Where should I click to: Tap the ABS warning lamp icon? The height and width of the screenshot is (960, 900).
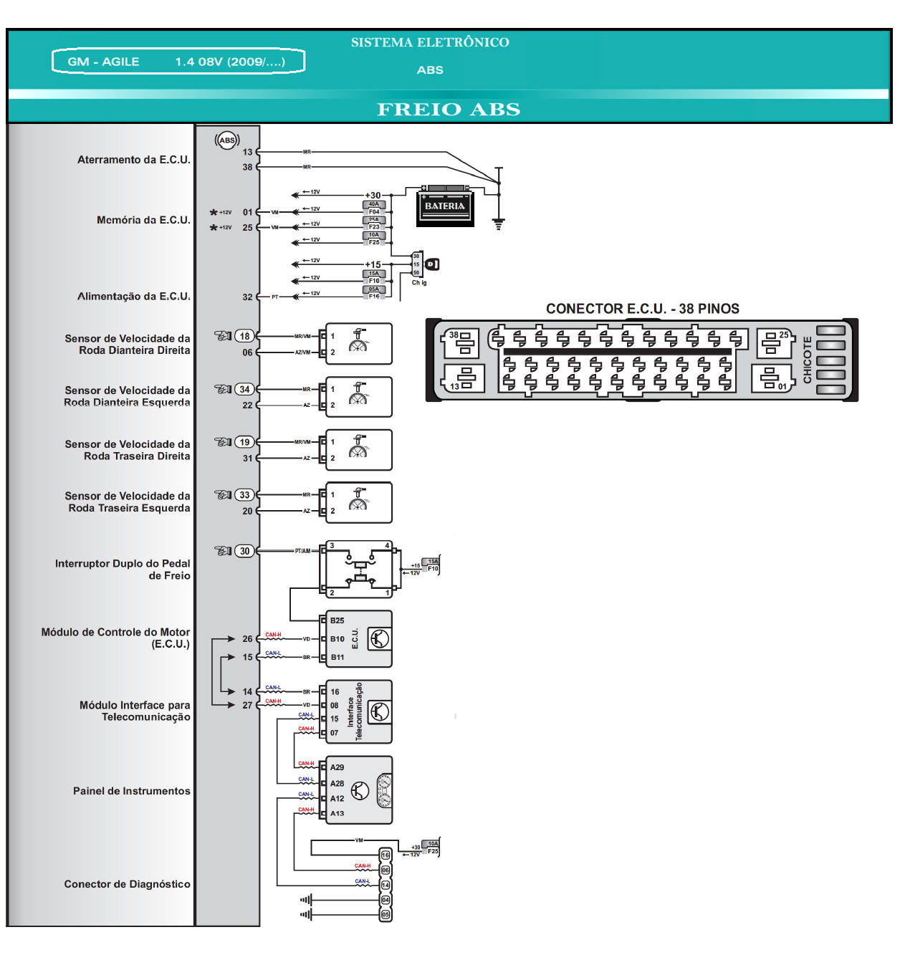tap(227, 140)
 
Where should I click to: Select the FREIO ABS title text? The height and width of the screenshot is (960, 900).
tap(449, 110)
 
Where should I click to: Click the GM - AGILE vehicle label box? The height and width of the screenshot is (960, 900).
tap(178, 62)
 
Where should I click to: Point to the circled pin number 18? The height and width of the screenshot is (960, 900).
tap(245, 336)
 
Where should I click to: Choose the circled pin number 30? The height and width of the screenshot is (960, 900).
tap(245, 551)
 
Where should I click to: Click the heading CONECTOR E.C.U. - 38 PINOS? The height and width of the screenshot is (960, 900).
tap(642, 309)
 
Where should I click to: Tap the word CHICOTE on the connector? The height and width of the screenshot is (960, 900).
tap(808, 360)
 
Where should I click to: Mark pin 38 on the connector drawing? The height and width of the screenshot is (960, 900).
tap(454, 335)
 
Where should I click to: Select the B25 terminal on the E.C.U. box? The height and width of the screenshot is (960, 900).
tap(337, 620)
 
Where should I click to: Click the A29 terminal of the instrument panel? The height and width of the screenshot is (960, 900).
tap(337, 767)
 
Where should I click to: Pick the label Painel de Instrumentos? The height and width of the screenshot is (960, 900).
tap(132, 791)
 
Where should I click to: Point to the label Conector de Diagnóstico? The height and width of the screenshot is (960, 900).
tap(127, 884)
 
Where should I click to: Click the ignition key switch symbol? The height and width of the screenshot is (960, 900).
tap(431, 264)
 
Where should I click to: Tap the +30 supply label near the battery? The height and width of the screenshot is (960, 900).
tap(373, 195)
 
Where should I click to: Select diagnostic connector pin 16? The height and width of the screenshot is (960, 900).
tap(386, 855)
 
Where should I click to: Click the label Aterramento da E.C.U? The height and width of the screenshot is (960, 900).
tap(134, 160)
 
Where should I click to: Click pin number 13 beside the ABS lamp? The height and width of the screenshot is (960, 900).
tap(247, 152)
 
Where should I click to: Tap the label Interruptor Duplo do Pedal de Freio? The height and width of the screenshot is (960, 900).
tap(123, 570)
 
